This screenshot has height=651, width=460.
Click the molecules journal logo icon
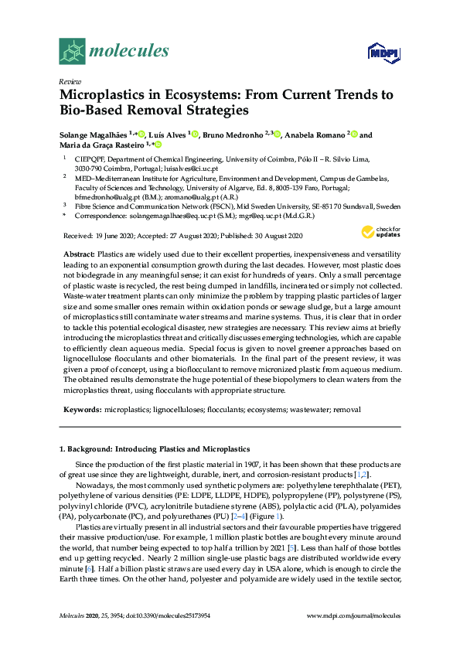coord(72,51)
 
